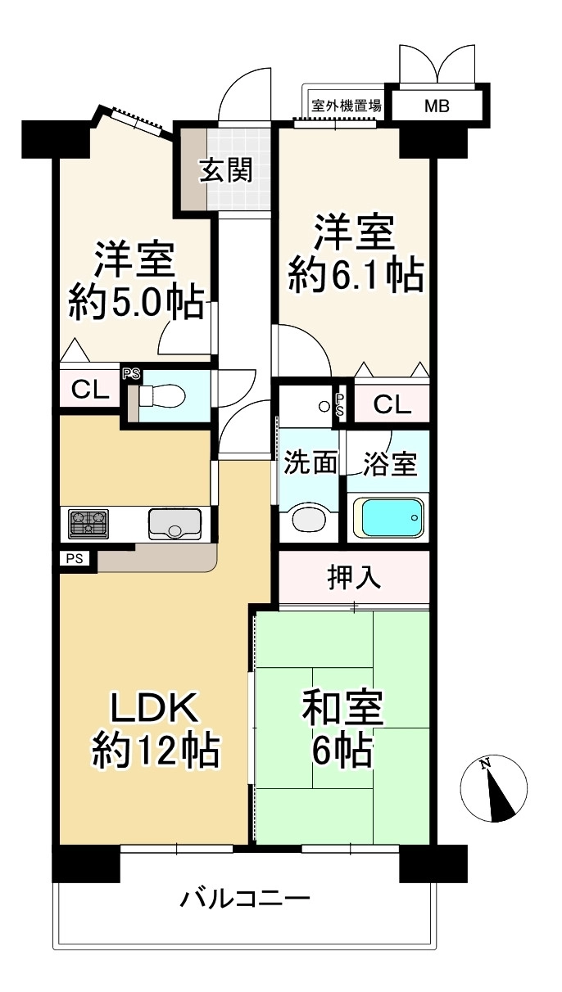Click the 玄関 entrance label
[x=226, y=169]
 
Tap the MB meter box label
[x=437, y=106]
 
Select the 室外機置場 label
[x=347, y=106]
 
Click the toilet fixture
[x=161, y=395]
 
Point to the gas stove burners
[x=88, y=525]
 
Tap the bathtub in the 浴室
[x=388, y=518]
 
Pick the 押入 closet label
[x=354, y=577]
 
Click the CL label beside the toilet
[x=90, y=390]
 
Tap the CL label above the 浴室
[x=392, y=404]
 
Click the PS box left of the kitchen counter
[x=75, y=558]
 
